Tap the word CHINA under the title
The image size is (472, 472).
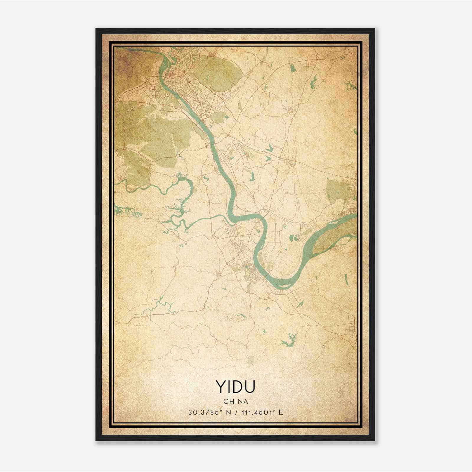235,401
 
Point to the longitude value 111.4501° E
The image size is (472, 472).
261,412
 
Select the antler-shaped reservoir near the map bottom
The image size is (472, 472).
288,339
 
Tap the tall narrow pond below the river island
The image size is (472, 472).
346,279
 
